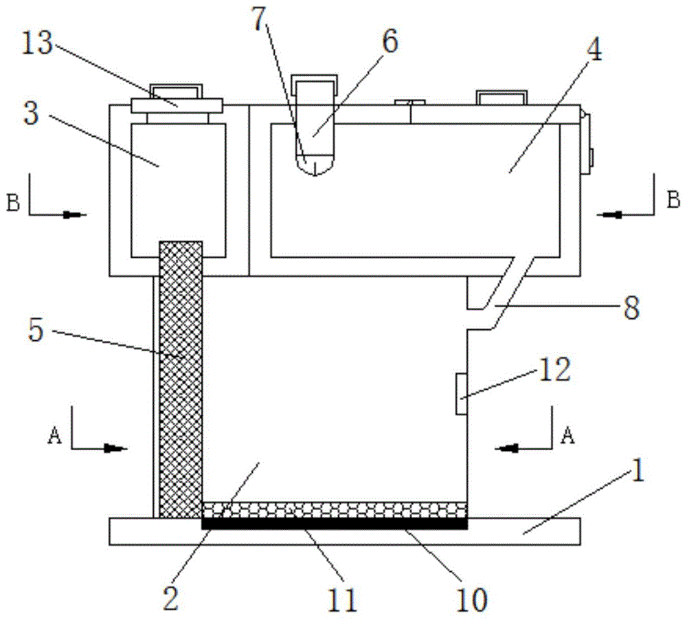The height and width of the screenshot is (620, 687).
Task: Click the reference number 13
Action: pyautogui.click(x=37, y=44)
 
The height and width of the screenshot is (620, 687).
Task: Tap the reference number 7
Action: pyautogui.click(x=260, y=20)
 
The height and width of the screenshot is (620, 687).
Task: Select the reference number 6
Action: pyautogui.click(x=390, y=42)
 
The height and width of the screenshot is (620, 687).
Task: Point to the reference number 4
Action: pyautogui.click(x=594, y=50)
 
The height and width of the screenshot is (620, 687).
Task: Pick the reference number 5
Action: pyautogui.click(x=36, y=330)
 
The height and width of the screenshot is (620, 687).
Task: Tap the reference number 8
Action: pyautogui.click(x=631, y=307)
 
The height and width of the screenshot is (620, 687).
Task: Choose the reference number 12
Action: pyautogui.click(x=554, y=369)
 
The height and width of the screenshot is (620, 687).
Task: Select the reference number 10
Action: pyautogui.click(x=471, y=599)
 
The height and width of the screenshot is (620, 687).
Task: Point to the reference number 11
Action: pyautogui.click(x=342, y=599)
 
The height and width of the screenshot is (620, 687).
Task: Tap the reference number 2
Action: pyautogui.click(x=171, y=599)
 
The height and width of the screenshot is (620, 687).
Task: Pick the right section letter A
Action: pyautogui.click(x=567, y=435)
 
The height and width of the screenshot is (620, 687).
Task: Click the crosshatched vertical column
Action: pyautogui.click(x=181, y=379)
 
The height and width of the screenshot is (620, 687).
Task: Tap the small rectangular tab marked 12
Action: pyautogui.click(x=461, y=394)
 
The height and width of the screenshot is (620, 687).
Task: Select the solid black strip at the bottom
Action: pyautogui.click(x=335, y=524)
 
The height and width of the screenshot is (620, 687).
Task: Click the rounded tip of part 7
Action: pyautogui.click(x=315, y=168)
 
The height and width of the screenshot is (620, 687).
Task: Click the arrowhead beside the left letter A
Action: pyautogui.click(x=115, y=448)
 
